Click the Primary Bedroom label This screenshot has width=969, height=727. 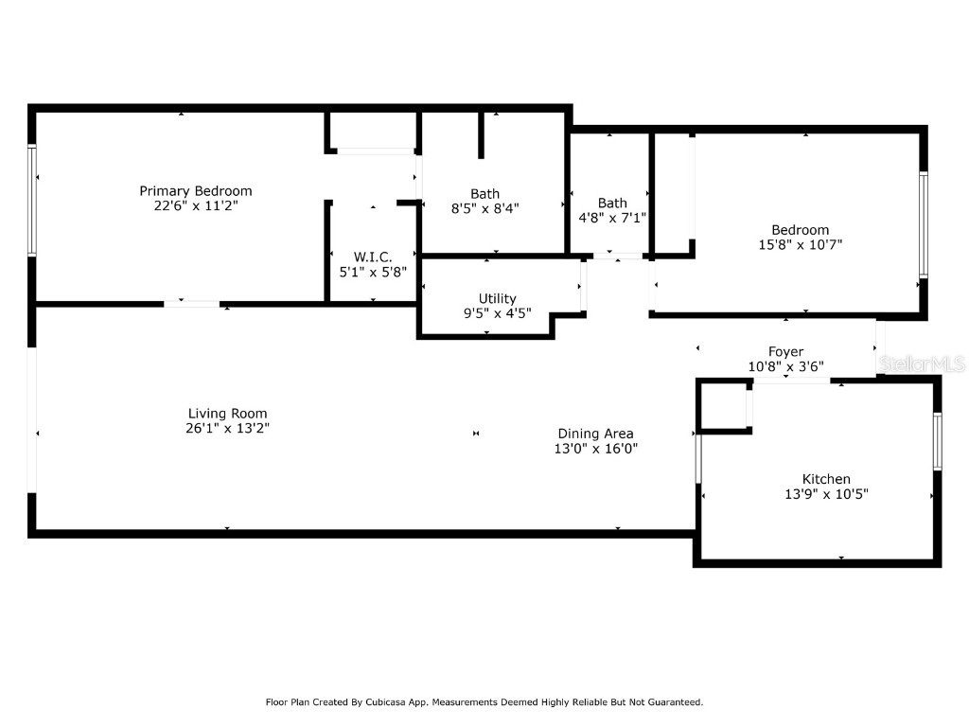pos(196,191)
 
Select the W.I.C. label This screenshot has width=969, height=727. pos(373,257)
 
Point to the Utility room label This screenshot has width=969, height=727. pos(497,298)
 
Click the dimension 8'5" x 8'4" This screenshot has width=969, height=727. pos(484,208)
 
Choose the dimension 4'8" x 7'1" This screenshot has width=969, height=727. pos(612,217)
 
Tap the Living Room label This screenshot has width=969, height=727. pos(227,414)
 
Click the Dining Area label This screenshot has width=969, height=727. pos(595,434)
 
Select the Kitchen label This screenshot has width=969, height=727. pos(826,479)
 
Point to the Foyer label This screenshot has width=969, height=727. pos(785,351)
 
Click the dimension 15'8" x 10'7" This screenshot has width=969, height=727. pos(800,244)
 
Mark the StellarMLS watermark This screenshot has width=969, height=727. pos(922,363)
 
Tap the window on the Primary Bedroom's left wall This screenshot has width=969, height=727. pos(32,200)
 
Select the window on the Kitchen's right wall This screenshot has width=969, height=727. pos(937,441)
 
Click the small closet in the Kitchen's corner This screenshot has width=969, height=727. pos(724,406)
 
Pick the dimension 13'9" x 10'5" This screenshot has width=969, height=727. pos(826,493)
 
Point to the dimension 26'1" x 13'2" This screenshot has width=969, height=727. pos(227,428)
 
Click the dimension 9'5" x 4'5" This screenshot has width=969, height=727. pos(497,312)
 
